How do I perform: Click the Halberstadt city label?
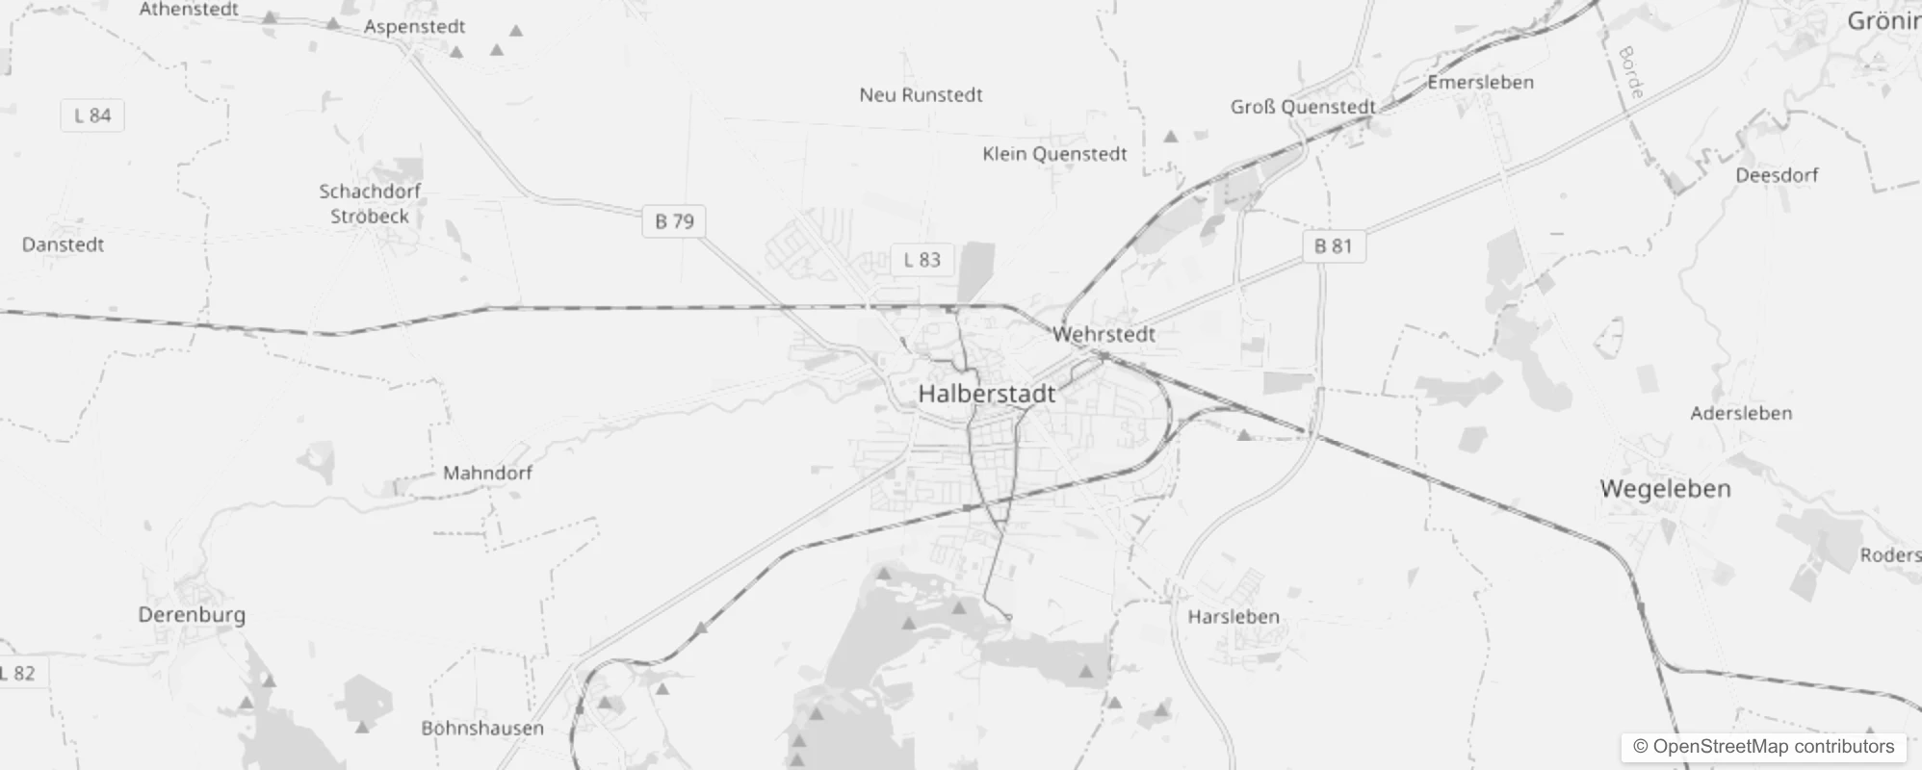(986, 394)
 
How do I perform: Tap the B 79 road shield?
(674, 221)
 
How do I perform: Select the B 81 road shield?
(1334, 246)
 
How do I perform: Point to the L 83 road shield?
(922, 260)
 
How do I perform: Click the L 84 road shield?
(92, 115)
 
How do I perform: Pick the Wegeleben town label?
(1665, 489)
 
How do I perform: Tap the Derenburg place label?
(192, 615)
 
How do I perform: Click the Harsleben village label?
(1234, 617)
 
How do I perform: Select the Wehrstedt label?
(1104, 335)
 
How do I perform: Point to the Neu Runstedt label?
(921, 95)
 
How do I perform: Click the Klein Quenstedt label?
(1054, 154)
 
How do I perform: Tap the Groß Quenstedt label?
(1303, 107)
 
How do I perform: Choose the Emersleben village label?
(1480, 83)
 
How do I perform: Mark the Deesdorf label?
(1777, 175)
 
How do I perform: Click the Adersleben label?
(1741, 414)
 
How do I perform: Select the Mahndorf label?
(487, 474)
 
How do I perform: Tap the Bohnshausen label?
(482, 729)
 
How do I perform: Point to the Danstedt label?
(63, 244)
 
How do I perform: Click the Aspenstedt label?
(414, 27)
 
